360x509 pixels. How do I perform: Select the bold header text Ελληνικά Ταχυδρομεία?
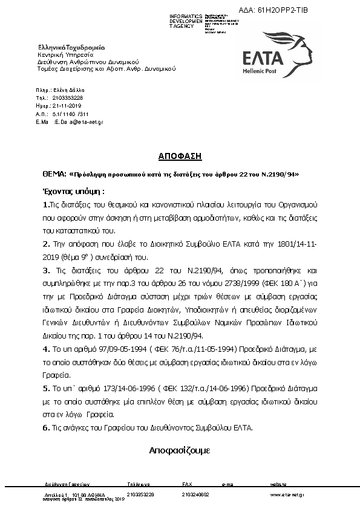[71, 47]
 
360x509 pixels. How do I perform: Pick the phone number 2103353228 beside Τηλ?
[68, 97]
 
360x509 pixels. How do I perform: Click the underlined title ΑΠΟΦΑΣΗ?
[180, 156]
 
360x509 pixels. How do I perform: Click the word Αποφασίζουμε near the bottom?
[180, 450]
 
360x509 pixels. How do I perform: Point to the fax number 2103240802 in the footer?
[195, 494]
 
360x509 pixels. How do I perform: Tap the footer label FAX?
[187, 485]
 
